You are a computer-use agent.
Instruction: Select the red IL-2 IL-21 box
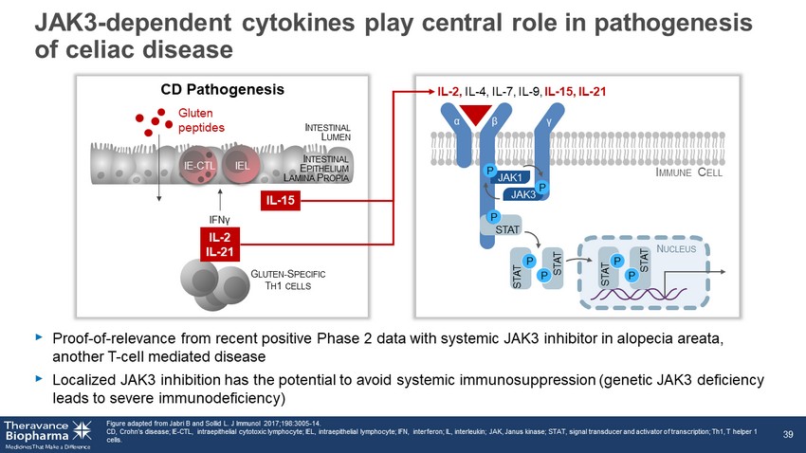point(221,244)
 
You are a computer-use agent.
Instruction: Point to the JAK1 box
point(513,177)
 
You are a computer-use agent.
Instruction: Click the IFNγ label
point(220,219)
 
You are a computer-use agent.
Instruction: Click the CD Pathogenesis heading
point(222,90)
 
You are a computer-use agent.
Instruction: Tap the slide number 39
point(787,434)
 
